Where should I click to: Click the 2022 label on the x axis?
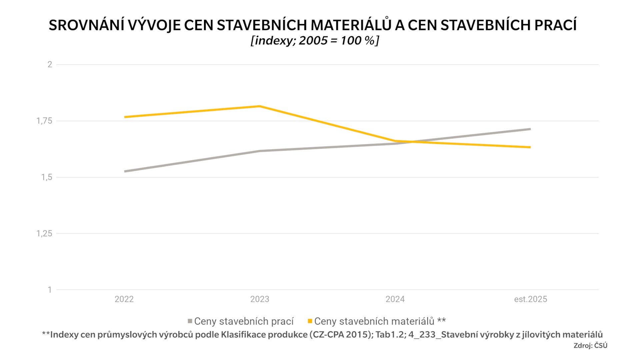tap(124, 299)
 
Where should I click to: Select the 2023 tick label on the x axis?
tap(260, 299)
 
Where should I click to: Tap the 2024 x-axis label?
tap(395, 299)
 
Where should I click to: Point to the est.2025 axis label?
tap(530, 299)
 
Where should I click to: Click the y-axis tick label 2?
tap(50, 64)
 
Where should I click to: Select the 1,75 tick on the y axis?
tap(44, 121)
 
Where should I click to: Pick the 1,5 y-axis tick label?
tap(47, 177)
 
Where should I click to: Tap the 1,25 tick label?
tap(44, 234)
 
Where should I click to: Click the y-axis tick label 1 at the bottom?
tap(50, 290)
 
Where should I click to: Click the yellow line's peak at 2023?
tap(260, 106)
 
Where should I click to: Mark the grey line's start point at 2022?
tap(125, 171)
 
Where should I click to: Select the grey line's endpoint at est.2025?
tap(530, 129)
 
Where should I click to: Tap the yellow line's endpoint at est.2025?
tap(530, 147)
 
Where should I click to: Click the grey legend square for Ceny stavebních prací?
tap(190, 321)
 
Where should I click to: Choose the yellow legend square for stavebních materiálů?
tap(310, 321)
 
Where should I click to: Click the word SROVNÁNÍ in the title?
tap(86, 25)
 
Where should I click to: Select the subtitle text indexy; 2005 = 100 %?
tap(315, 41)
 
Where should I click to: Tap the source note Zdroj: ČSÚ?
tap(590, 346)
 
